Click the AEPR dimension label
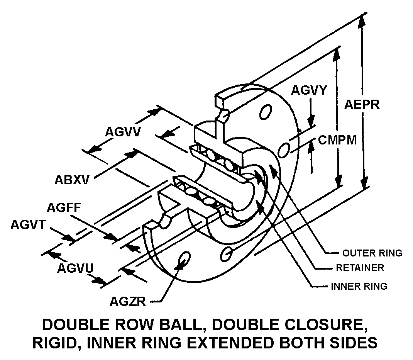point(362,105)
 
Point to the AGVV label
point(123,132)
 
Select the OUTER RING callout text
point(372,253)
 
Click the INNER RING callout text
point(359,286)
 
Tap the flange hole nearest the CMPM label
point(284,149)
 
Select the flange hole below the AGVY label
point(265,112)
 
